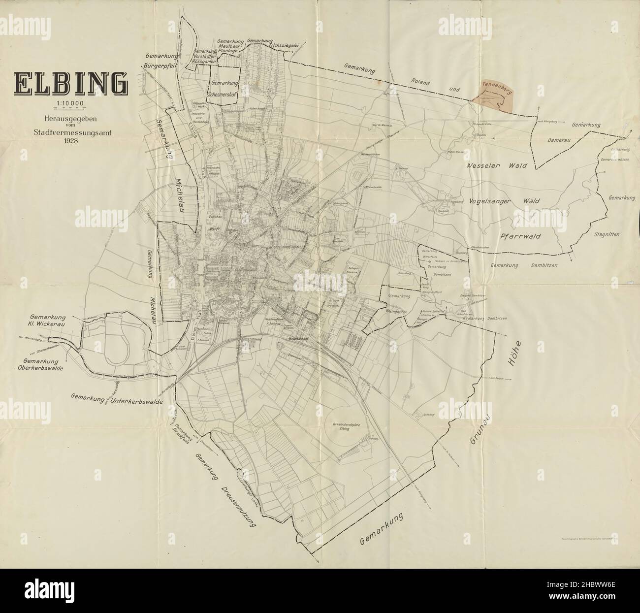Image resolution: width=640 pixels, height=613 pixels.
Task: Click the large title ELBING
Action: (70, 83)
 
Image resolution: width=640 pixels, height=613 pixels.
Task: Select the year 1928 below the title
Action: (70, 140)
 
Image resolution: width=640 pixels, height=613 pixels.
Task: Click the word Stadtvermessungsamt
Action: (70, 132)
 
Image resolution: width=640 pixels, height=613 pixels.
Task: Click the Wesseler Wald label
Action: (497, 166)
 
